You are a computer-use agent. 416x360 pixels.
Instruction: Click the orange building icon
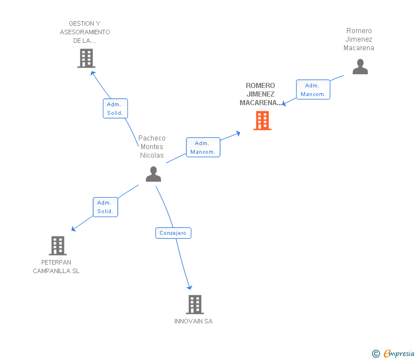tap(262, 121)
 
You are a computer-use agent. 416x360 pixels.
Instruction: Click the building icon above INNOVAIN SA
tap(195, 305)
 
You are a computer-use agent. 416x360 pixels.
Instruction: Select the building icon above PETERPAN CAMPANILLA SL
tap(58, 245)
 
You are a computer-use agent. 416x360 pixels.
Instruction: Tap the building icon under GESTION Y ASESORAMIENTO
tap(86, 58)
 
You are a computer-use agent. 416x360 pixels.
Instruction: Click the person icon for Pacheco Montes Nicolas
tap(153, 174)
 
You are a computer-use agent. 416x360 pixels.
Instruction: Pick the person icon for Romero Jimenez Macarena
tap(360, 67)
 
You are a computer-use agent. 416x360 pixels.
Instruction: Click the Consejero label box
tap(173, 233)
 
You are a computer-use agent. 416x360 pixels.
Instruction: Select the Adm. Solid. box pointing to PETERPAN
tap(105, 207)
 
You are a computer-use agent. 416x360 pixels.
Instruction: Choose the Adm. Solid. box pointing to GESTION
tap(115, 108)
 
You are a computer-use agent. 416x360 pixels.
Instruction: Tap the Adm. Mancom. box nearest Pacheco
tap(203, 147)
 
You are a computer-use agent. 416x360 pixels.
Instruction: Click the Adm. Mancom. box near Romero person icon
tap(313, 89)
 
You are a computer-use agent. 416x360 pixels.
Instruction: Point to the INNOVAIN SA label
tap(193, 321)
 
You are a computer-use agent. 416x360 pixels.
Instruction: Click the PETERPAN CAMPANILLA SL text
tap(56, 267)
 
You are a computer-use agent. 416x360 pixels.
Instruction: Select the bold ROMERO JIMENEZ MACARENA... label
tap(261, 94)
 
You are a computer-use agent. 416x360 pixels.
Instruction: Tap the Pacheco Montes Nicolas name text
tap(152, 147)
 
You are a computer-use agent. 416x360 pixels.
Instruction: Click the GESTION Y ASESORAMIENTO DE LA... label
tap(85, 32)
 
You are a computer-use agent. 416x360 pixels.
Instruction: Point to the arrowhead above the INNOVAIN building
tap(190, 287)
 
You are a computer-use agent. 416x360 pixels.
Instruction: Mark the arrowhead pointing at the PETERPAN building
tap(74, 229)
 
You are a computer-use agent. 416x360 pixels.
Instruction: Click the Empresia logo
tap(399, 353)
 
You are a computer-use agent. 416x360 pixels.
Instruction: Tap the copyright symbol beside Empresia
tap(375, 354)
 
